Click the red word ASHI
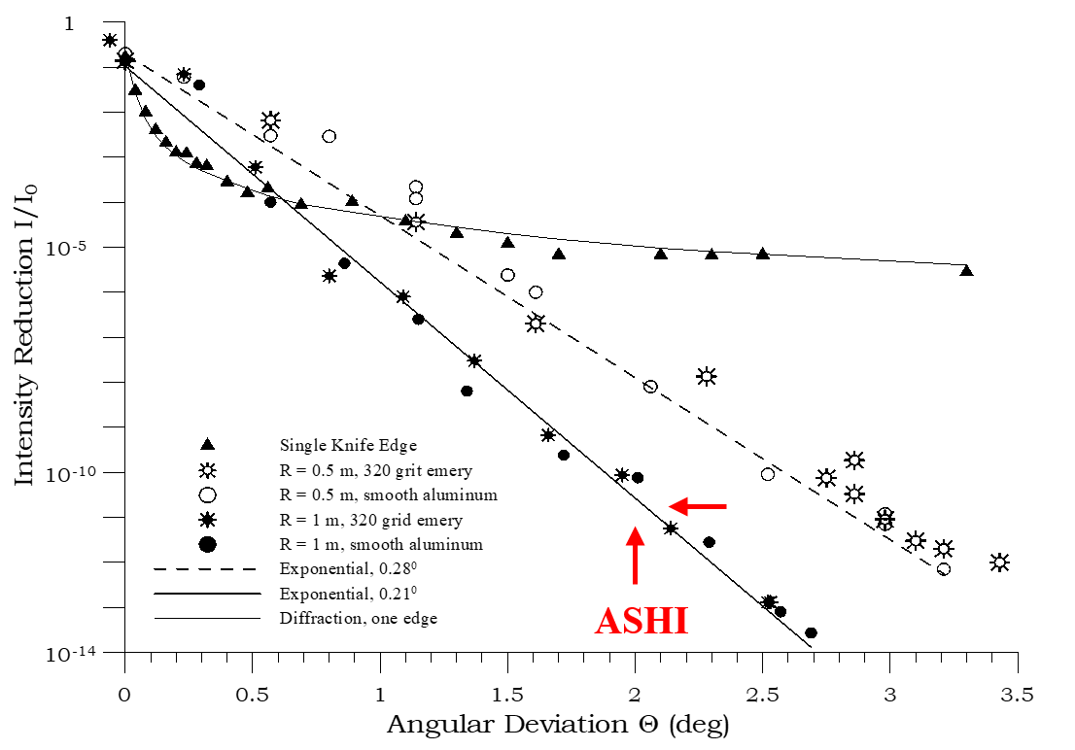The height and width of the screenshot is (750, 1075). (642, 621)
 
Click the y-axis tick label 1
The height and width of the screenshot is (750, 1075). (68, 23)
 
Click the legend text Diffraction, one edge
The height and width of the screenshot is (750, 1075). (358, 617)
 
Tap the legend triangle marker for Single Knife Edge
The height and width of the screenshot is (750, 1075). (206, 445)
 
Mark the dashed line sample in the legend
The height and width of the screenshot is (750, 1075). (206, 567)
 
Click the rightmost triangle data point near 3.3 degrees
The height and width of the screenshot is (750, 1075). (966, 270)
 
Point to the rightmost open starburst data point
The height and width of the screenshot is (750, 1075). (999, 562)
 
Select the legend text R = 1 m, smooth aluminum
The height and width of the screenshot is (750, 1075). (380, 543)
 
